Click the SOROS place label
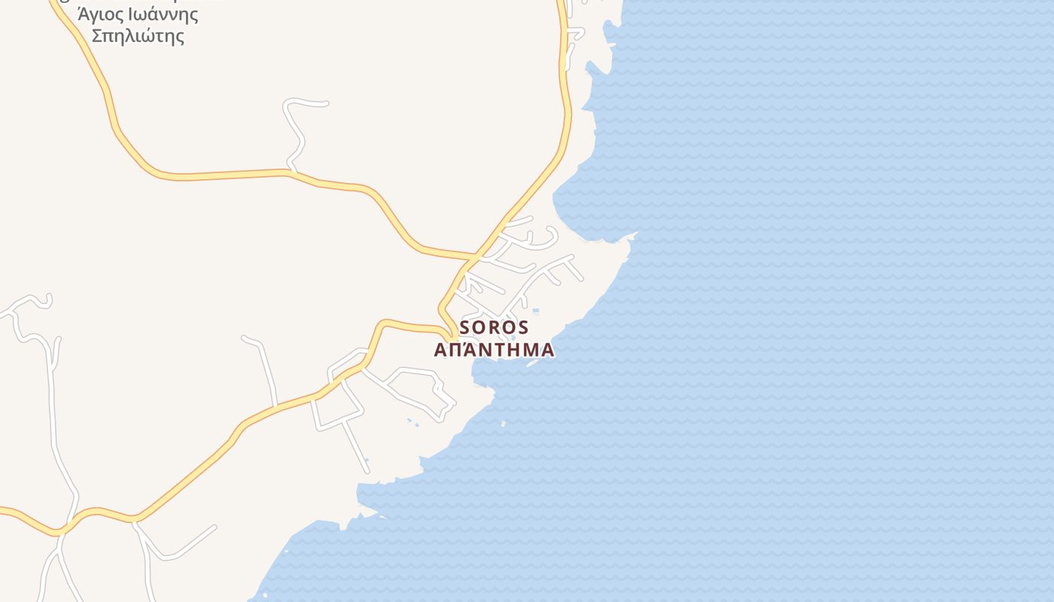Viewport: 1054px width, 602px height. tap(494, 328)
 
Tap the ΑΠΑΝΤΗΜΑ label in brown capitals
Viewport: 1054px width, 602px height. tap(494, 350)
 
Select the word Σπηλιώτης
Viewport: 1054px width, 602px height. tap(138, 35)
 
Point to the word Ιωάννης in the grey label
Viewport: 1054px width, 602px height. tap(163, 14)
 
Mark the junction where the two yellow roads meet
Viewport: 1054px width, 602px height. tap(474, 257)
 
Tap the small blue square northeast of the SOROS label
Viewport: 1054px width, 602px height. tap(535, 311)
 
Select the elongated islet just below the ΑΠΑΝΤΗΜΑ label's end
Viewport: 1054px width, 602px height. tap(532, 363)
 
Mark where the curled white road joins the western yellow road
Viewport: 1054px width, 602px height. tap(289, 172)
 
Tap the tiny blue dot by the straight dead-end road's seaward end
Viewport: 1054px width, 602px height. tap(367, 460)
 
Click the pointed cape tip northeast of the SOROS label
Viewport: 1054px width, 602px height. tap(635, 235)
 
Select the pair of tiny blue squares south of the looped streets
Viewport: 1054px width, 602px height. tap(413, 423)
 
